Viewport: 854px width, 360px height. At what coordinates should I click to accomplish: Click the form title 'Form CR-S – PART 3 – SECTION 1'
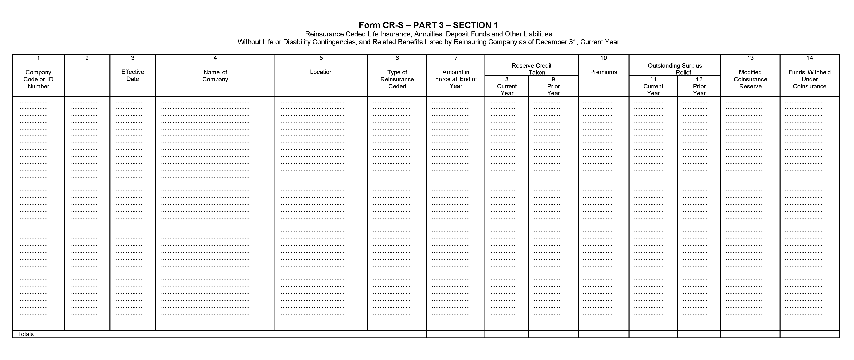click(x=428, y=25)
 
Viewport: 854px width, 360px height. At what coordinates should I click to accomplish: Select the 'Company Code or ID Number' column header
click(x=38, y=79)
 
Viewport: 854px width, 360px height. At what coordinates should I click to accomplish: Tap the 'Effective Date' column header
click(x=133, y=75)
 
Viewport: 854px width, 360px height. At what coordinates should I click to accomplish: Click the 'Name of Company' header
click(x=215, y=76)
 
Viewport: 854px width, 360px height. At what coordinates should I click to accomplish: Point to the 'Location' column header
click(x=321, y=72)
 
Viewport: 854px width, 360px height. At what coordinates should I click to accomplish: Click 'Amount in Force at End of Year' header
click(x=456, y=79)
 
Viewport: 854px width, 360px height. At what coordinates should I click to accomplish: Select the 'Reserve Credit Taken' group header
click(x=531, y=69)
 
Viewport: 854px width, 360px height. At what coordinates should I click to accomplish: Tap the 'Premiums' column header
click(x=603, y=72)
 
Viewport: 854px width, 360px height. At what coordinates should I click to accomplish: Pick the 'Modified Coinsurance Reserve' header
click(x=750, y=79)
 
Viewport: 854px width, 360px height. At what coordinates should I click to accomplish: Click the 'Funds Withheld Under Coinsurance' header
click(x=809, y=79)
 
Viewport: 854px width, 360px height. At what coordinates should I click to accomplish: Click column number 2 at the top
click(x=87, y=58)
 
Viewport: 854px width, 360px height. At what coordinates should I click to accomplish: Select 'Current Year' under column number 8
click(x=507, y=90)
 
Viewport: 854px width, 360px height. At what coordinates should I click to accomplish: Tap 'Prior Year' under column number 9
click(x=553, y=90)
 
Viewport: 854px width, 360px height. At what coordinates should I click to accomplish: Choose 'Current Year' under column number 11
click(x=653, y=90)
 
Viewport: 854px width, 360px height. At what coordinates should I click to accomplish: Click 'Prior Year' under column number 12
click(x=699, y=90)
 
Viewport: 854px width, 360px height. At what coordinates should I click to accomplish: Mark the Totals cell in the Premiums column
click(x=603, y=334)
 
